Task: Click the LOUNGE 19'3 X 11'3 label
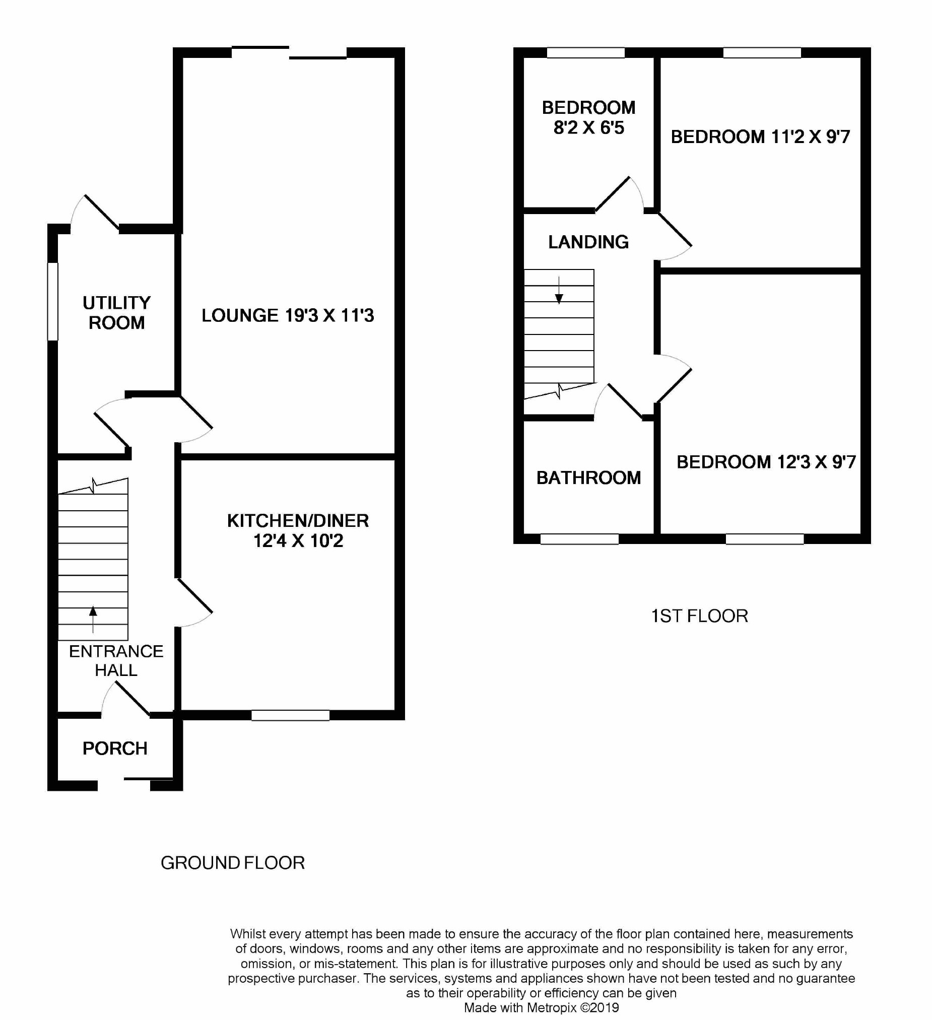point(287,316)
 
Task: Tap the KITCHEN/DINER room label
point(298,531)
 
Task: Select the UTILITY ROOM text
point(116,313)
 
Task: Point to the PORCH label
point(115,749)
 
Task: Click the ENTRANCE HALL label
point(116,660)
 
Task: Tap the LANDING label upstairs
point(588,242)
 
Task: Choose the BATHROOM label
point(588,478)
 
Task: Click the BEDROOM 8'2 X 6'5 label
point(588,117)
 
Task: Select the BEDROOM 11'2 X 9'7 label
point(760,137)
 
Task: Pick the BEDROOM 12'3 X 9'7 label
point(766,462)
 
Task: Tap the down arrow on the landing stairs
point(559,291)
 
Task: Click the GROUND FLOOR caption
point(233,863)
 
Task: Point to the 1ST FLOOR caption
point(699,616)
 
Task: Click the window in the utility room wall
point(52,301)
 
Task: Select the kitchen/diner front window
point(290,715)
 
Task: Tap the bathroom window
point(579,539)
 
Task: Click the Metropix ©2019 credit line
point(541,1007)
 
